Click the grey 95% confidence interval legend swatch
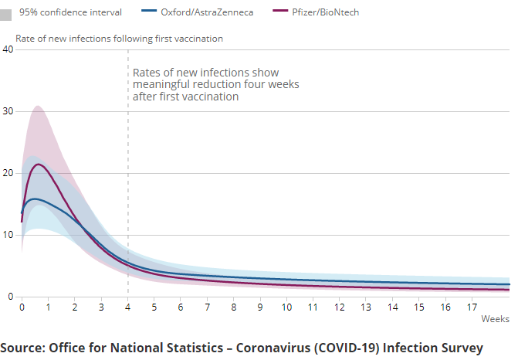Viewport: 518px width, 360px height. [x=6, y=13]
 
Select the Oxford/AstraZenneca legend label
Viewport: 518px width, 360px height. [x=206, y=12]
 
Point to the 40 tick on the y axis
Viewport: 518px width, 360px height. [x=8, y=49]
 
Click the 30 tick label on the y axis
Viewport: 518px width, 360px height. [x=8, y=111]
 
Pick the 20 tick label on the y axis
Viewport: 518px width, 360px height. [x=8, y=173]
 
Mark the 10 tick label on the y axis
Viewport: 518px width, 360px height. [x=8, y=235]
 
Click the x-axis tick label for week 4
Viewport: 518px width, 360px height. [x=127, y=307]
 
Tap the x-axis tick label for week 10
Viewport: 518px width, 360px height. [x=286, y=307]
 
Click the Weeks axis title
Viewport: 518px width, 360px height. [x=495, y=318]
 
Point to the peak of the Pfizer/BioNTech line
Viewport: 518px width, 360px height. [x=39, y=164]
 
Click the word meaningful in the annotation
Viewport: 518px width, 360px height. [x=163, y=84]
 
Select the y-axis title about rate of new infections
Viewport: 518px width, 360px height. [x=119, y=38]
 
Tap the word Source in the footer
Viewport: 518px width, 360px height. [x=22, y=348]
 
